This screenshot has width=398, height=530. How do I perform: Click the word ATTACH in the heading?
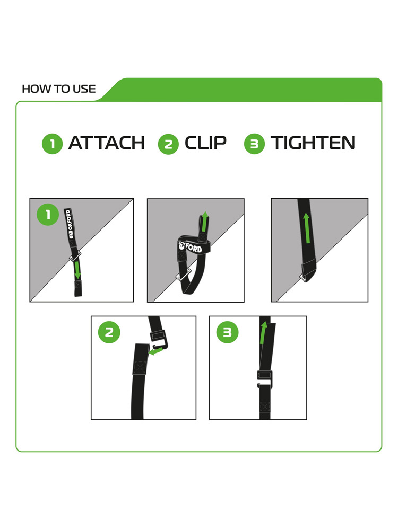[x=106, y=143]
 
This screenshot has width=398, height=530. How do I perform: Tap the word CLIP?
[x=205, y=143]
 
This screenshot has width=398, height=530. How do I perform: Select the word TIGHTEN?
[x=313, y=143]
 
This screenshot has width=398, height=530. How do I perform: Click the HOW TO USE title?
[x=58, y=89]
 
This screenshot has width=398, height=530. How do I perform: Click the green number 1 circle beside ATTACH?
[x=52, y=144]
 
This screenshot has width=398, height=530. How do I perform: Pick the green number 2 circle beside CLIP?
[x=168, y=144]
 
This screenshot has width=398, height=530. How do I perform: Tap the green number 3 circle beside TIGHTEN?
[x=254, y=144]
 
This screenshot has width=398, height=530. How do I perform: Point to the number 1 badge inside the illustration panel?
[x=48, y=214]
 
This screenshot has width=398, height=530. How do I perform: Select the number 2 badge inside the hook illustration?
[x=109, y=332]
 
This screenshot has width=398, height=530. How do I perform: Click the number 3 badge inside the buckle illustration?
[x=227, y=332]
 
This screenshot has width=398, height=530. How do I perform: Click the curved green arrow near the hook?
[x=155, y=352]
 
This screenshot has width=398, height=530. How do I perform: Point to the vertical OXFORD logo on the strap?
[x=69, y=224]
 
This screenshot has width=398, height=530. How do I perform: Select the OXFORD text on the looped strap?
[x=191, y=247]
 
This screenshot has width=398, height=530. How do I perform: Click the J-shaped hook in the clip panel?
[x=159, y=345]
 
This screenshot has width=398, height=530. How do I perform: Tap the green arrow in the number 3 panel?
[x=263, y=333]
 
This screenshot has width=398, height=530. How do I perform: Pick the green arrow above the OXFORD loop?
[x=204, y=222]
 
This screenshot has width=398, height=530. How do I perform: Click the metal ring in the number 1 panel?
[x=75, y=256]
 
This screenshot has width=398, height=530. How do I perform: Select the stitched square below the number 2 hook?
[x=140, y=367]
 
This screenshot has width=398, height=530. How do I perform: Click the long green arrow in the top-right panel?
[x=307, y=228]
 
